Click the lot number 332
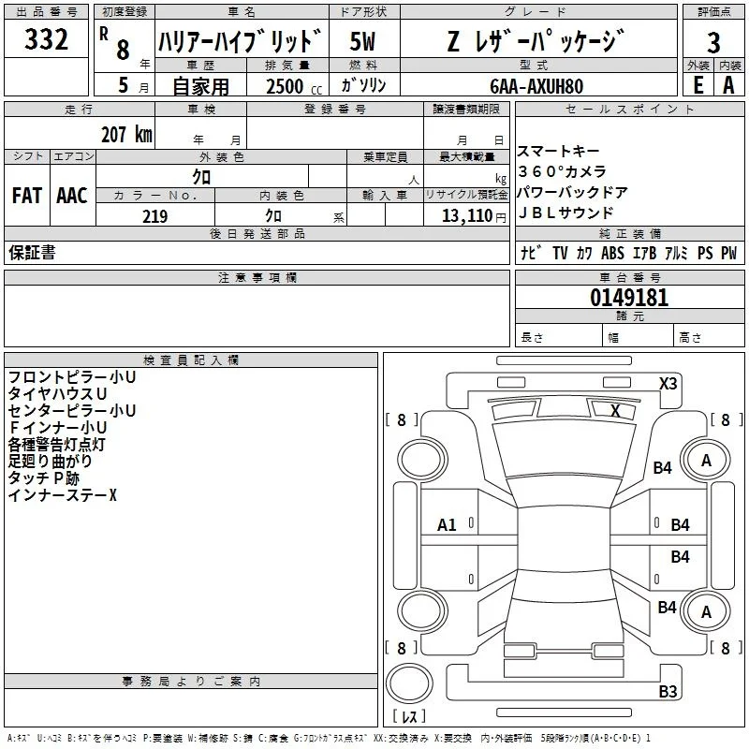[x=46, y=39]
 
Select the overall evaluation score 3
[x=713, y=42]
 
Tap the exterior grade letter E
[x=698, y=85]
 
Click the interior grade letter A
[x=728, y=85]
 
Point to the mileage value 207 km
[x=126, y=134]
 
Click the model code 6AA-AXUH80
[x=536, y=86]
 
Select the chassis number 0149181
[x=629, y=298]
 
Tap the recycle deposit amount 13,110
[x=467, y=216]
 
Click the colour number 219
[x=154, y=216]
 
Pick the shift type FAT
[x=27, y=196]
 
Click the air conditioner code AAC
[x=72, y=196]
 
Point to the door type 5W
[x=362, y=41]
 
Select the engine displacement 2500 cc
[x=294, y=86]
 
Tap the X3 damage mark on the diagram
[x=668, y=384]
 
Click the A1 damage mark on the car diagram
[x=447, y=525]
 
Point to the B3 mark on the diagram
[x=668, y=691]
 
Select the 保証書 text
[x=32, y=252]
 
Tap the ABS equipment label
[x=612, y=253]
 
